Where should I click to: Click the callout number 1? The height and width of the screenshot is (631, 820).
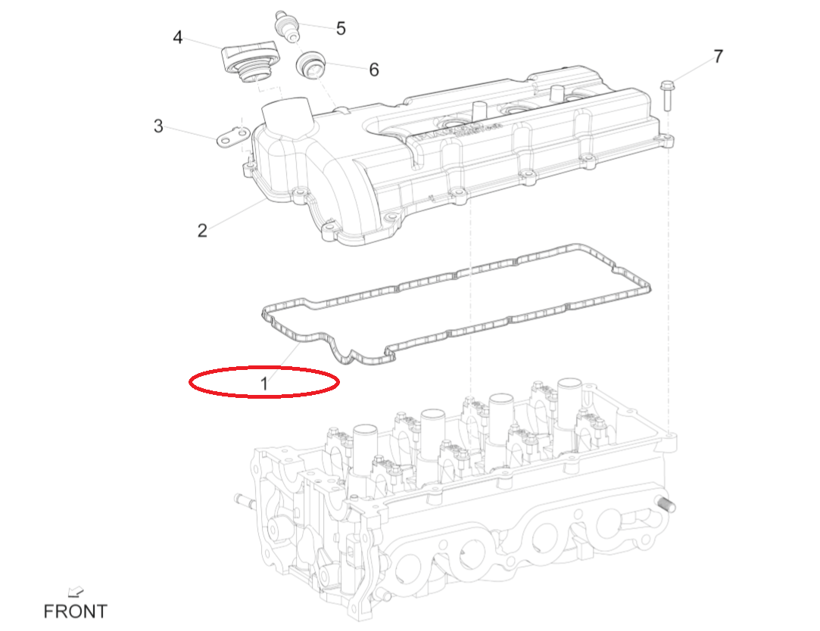tap(263, 384)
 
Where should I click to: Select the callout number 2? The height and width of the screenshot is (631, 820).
tap(202, 230)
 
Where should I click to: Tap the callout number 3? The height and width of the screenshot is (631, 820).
tap(158, 126)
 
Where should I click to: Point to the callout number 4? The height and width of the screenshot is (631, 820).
tap(178, 36)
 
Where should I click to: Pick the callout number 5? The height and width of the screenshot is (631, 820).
tap(341, 29)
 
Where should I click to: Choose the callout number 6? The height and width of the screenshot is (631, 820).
tap(374, 70)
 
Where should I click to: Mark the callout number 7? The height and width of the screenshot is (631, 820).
tap(718, 57)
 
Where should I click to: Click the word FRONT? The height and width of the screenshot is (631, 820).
tap(75, 611)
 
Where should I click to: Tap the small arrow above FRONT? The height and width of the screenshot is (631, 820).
tap(75, 591)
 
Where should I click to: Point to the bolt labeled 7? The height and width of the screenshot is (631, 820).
tap(668, 95)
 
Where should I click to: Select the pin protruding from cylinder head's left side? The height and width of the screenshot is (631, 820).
tap(242, 501)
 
